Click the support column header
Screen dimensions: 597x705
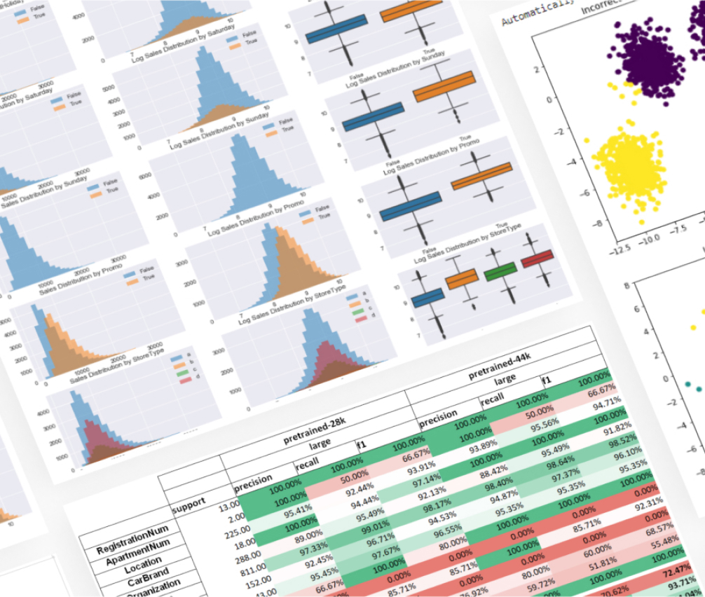tap(189, 503)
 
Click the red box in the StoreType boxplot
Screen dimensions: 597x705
tap(536, 260)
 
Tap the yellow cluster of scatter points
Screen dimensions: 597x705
tap(628, 163)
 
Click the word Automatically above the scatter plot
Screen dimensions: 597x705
tap(536, 11)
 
